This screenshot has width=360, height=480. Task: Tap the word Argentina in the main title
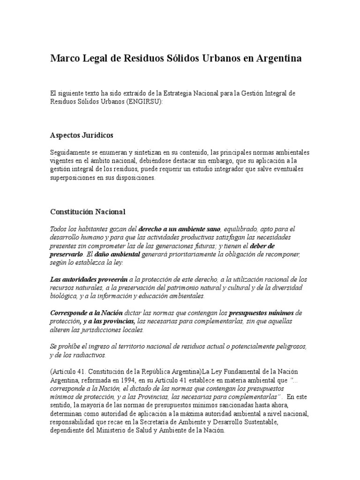278,59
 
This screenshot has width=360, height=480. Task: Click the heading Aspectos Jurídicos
82,135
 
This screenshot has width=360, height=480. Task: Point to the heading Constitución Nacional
88,211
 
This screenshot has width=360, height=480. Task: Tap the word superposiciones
74,178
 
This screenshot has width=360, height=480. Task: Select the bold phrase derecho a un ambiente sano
180,229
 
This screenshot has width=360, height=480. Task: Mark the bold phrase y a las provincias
109,322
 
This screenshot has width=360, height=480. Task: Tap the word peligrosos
291,347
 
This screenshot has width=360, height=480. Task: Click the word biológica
64,296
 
